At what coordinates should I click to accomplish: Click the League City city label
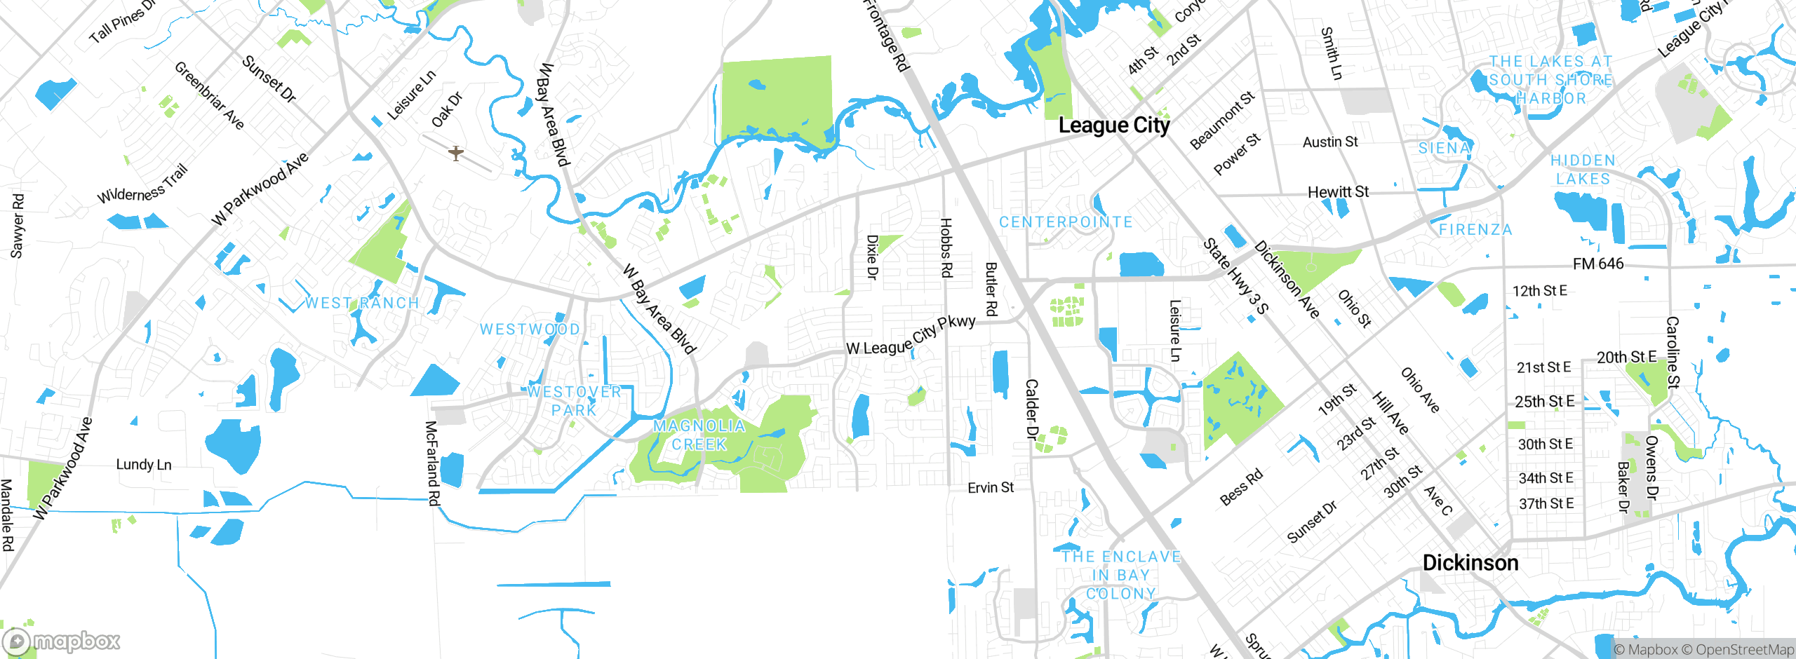1113,125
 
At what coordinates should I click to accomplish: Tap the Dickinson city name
1470,563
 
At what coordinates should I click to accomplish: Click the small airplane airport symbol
456,153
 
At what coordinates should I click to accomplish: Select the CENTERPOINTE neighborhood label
1066,222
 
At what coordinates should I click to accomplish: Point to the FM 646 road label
1597,264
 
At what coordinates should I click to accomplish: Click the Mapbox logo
62,641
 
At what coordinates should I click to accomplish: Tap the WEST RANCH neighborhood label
362,303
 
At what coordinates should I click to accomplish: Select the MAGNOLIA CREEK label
699,435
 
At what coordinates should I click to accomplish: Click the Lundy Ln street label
143,465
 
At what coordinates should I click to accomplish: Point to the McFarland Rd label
432,463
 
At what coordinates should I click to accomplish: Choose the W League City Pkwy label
911,336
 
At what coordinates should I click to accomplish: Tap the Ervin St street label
990,487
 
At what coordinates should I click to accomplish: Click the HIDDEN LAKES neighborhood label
1583,170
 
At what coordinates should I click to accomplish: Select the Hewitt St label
1337,192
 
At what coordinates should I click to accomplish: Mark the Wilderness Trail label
142,184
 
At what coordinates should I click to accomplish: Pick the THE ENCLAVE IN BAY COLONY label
1120,575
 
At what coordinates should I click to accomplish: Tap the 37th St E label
1546,503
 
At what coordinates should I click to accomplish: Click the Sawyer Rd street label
17,226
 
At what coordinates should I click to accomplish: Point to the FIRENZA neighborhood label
1475,230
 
